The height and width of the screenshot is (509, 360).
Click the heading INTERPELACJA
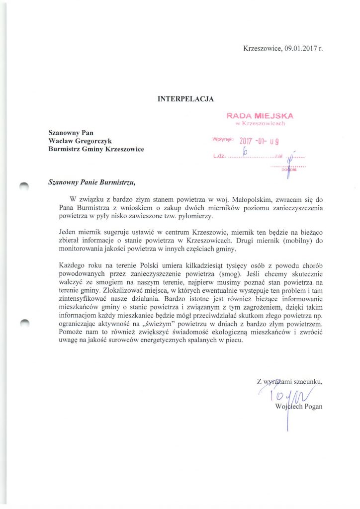point(186,99)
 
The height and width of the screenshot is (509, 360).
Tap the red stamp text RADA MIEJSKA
point(260,115)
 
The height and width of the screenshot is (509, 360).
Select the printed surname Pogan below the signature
point(312,407)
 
